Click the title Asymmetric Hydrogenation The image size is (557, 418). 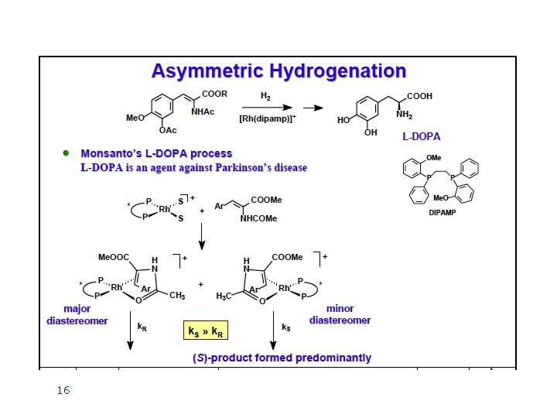tap(278, 72)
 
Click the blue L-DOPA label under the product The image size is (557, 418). tap(422, 137)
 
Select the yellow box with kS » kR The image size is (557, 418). tap(205, 332)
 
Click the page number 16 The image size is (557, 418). tap(63, 391)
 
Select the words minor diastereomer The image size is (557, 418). tap(340, 314)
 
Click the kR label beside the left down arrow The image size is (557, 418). tap(142, 327)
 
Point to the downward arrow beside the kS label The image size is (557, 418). tap(273, 334)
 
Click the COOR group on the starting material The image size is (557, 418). tap(214, 95)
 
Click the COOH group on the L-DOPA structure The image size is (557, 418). tap(420, 96)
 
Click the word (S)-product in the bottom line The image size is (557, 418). tap(220, 358)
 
